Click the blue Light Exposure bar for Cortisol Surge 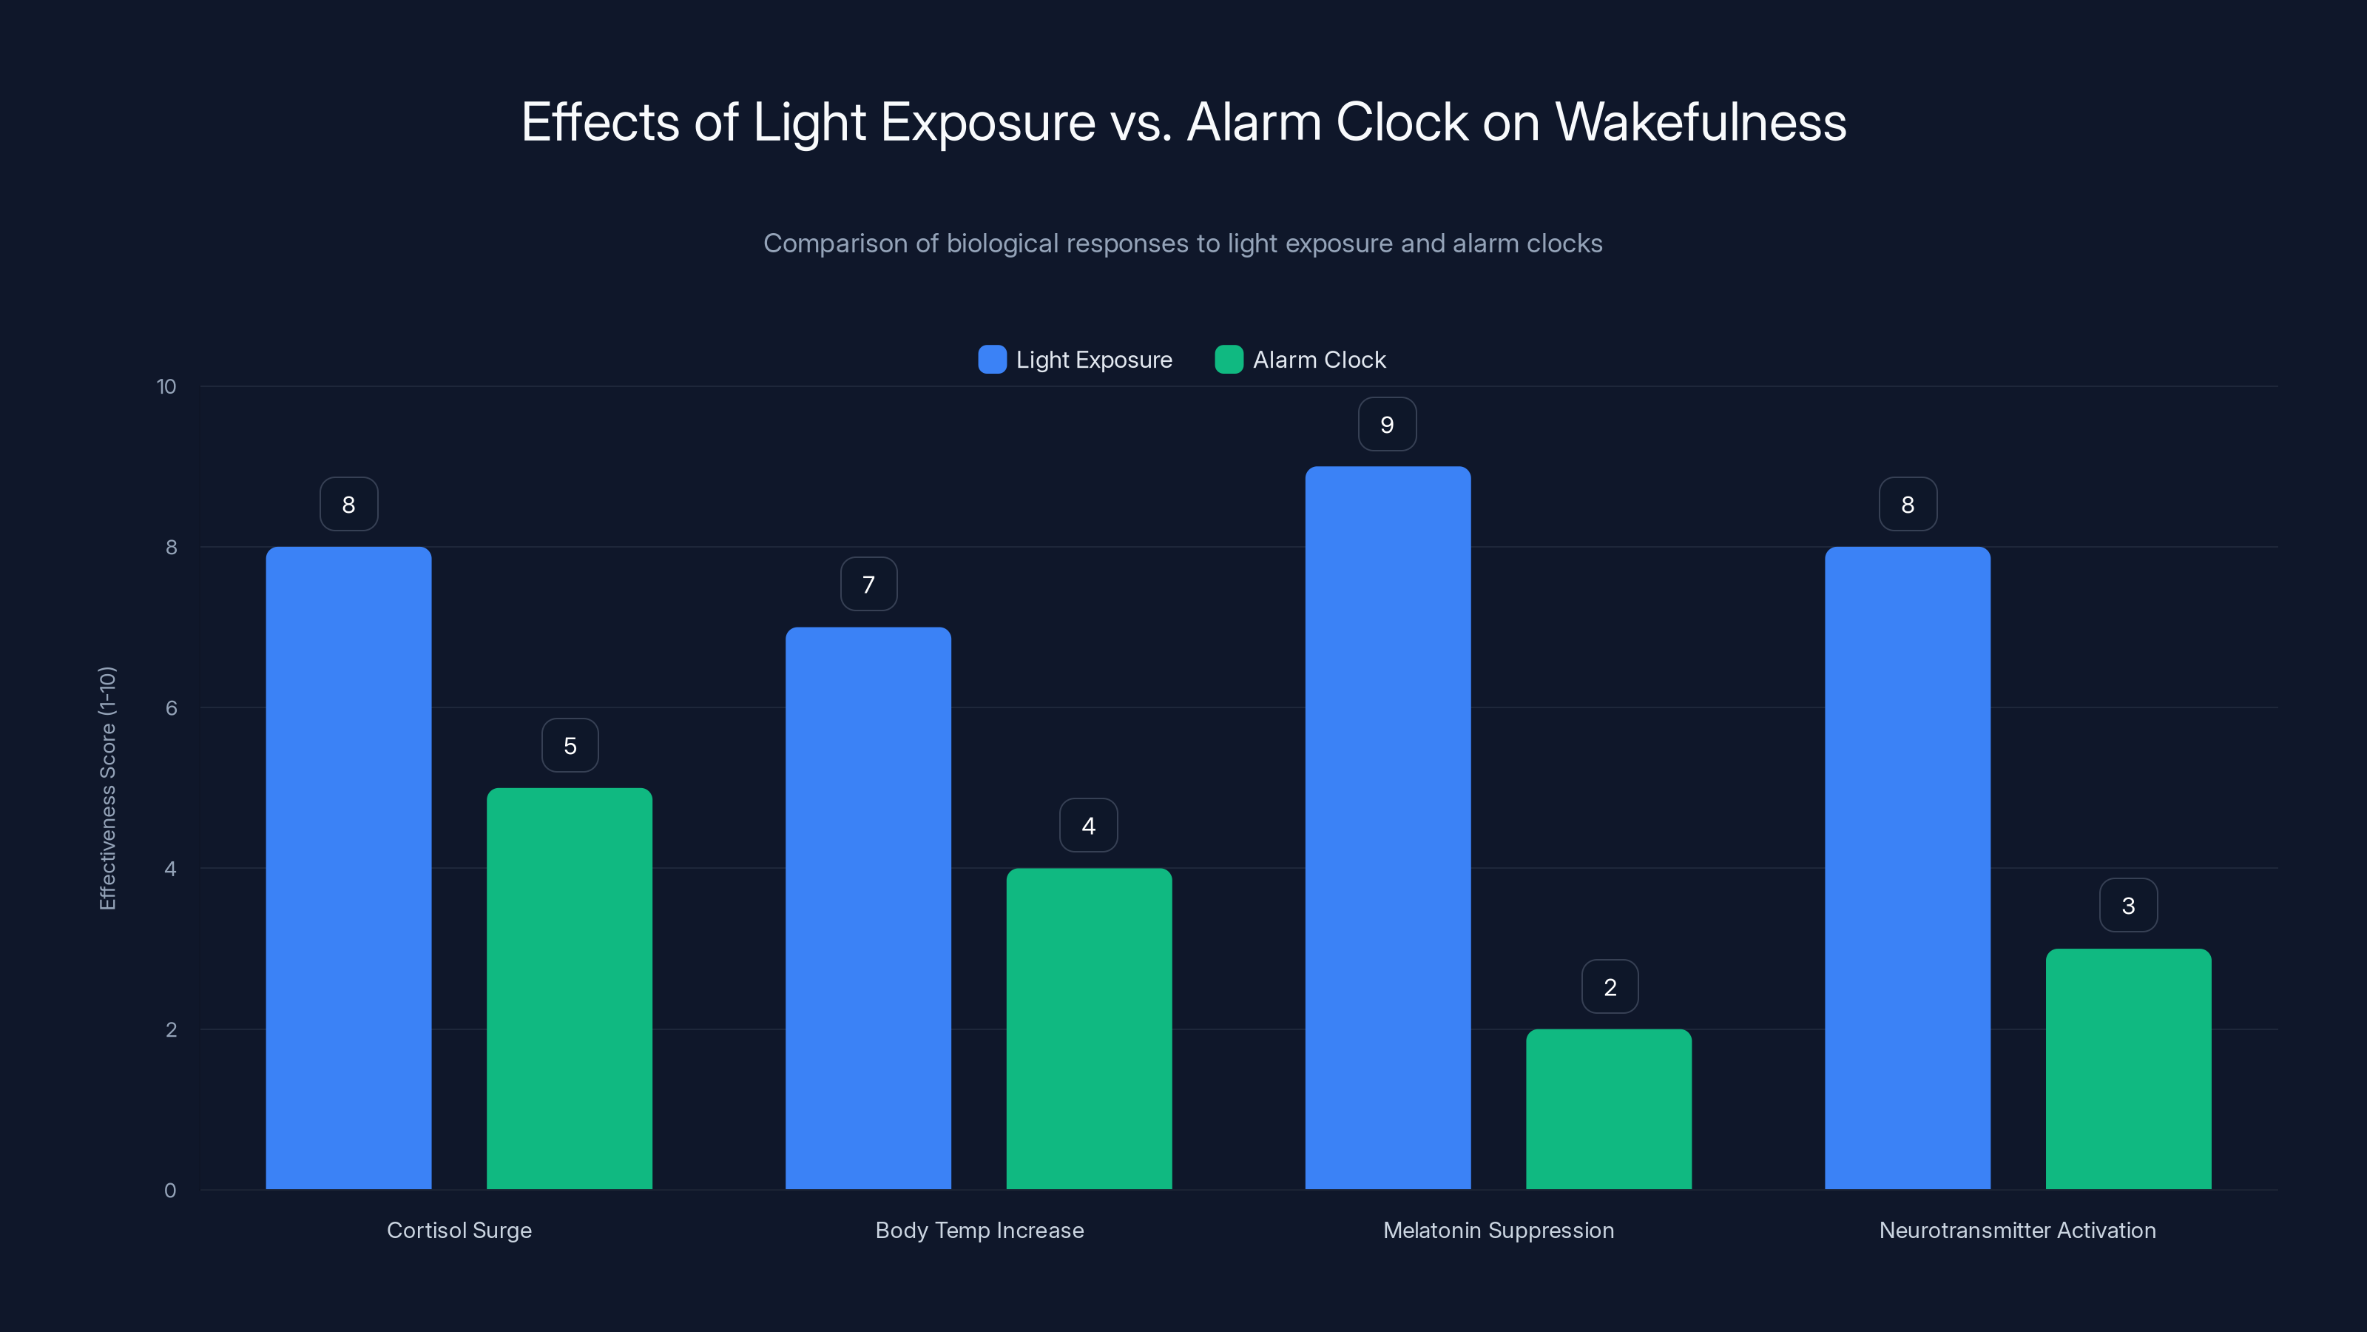coord(348,868)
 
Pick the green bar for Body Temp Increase coord(1089,1029)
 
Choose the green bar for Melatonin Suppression coord(1609,1109)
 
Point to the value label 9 coord(1388,425)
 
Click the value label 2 coord(1610,987)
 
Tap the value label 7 coord(868,585)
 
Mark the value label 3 coord(2128,906)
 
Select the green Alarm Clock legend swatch coord(1229,360)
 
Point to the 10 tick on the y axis coord(166,387)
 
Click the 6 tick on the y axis coord(171,708)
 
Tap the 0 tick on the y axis coord(170,1191)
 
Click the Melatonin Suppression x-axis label coord(1499,1230)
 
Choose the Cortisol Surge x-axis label coord(459,1230)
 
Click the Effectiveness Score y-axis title coord(107,788)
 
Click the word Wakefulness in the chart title coord(1700,122)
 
